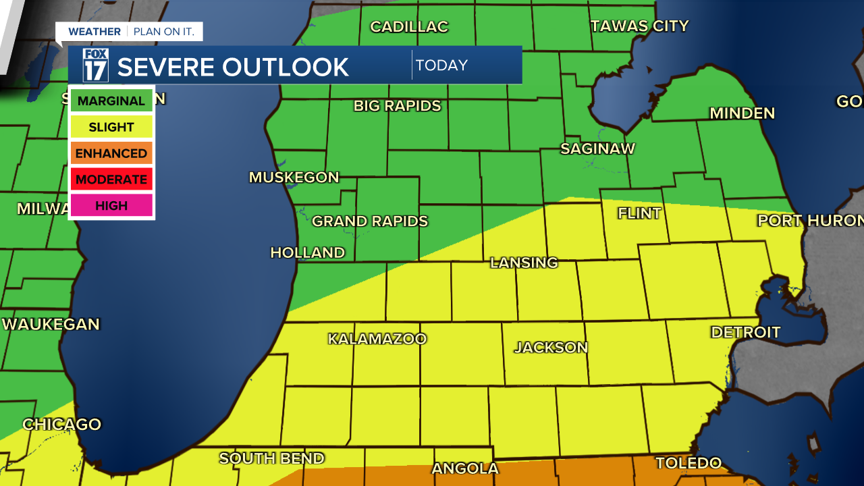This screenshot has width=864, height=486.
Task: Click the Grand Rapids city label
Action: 370,221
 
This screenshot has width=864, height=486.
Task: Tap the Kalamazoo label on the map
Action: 377,339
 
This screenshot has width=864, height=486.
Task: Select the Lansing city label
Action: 524,263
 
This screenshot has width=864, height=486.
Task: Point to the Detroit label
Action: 745,332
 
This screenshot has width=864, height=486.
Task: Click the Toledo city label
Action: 688,463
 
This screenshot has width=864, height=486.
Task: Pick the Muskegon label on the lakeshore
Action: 294,178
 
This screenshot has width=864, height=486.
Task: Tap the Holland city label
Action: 308,252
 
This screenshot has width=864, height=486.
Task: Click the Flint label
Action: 639,213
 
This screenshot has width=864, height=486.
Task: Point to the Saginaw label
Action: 597,148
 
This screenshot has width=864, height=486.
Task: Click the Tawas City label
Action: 639,26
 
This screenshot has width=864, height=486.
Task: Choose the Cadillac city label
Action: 409,27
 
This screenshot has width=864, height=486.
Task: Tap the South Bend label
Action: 271,458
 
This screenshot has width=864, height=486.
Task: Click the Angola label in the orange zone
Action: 465,468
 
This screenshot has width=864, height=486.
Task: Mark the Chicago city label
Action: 61,425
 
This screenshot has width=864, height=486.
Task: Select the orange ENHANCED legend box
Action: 111,153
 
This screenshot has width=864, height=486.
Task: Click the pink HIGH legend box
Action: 111,206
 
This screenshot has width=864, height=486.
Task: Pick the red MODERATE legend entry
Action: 111,180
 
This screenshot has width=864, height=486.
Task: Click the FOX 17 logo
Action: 95,65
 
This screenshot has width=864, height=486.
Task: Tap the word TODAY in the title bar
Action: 441,65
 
